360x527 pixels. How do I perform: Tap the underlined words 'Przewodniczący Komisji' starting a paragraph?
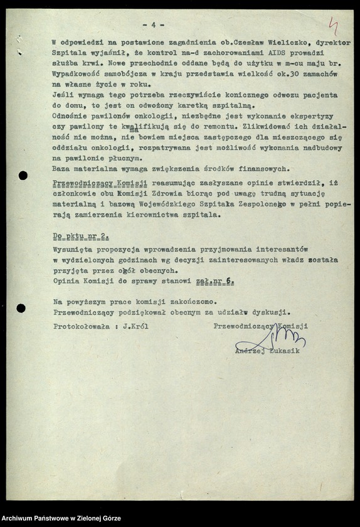click(x=100, y=182)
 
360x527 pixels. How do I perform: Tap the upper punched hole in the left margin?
click(x=23, y=175)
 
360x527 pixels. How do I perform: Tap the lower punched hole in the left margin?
click(x=21, y=308)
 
